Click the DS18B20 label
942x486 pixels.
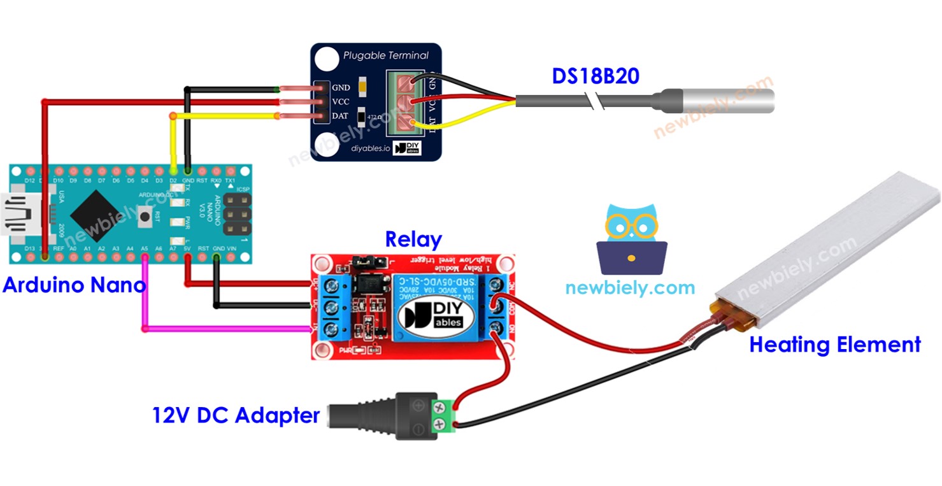(595, 76)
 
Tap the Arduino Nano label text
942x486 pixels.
(74, 285)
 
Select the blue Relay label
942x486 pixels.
(413, 239)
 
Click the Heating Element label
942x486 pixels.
(834, 345)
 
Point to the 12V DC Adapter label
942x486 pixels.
(236, 416)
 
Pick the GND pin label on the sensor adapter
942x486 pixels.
(341, 88)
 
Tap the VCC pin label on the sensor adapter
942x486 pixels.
(341, 102)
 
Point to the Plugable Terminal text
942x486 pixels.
(385, 55)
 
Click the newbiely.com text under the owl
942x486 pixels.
(630, 288)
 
